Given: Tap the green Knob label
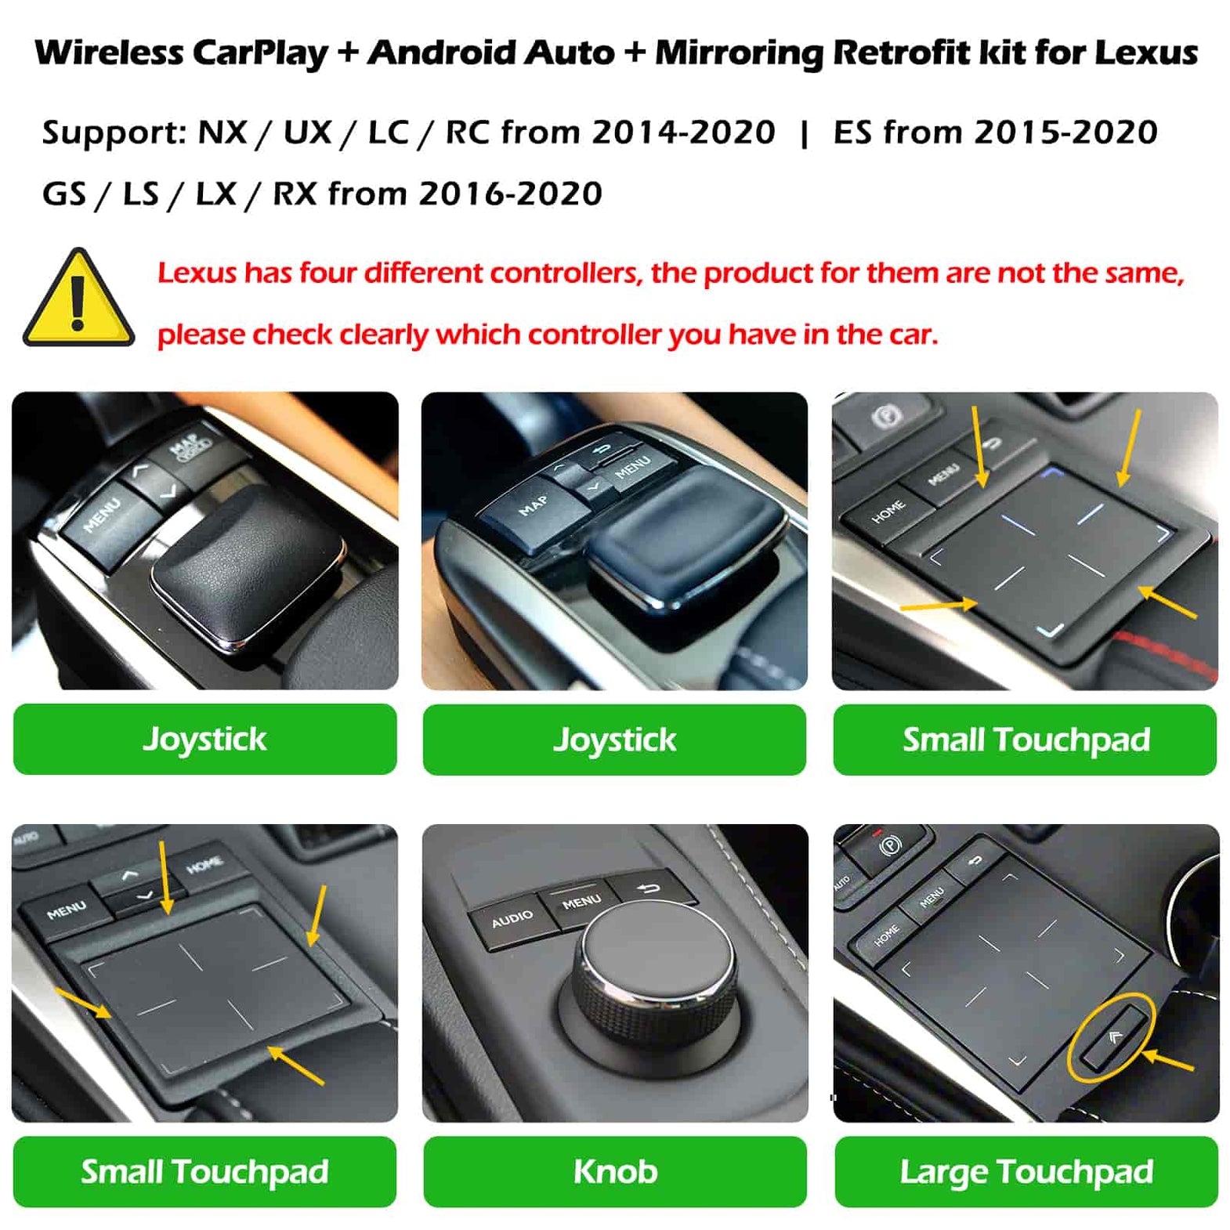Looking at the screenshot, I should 614,1170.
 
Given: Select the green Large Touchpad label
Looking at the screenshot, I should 1026,1170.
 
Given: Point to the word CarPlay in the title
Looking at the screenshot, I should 260,52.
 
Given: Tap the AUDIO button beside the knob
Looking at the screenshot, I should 512,919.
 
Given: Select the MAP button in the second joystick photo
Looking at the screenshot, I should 533,505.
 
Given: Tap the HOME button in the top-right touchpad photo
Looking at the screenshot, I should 888,512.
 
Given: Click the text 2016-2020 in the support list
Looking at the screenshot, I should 510,194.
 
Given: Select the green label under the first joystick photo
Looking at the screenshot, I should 204,739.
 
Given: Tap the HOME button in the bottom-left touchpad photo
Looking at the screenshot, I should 204,865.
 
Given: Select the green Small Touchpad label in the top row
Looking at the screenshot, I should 1025,739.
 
